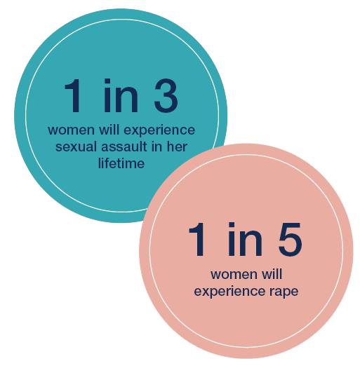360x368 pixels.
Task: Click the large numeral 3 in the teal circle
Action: [x=166, y=96]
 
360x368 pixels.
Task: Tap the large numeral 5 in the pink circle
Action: [x=290, y=239]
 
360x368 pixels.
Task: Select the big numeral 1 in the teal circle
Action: [x=73, y=96]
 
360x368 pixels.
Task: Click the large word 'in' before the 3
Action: [x=121, y=96]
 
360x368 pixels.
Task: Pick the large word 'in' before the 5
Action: [x=245, y=239]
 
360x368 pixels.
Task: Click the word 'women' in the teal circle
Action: [x=71, y=130]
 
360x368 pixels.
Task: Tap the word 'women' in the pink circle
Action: [x=234, y=275]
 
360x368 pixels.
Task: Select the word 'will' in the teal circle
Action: [x=109, y=129]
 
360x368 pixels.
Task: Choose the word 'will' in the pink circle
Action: [x=272, y=273]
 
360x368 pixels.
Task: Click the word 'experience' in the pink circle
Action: [x=229, y=292]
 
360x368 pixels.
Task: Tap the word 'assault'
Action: [x=124, y=146]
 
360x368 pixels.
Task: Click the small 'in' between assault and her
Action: [x=156, y=146]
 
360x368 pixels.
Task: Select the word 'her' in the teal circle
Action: [x=177, y=146]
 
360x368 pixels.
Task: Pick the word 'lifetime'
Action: [x=121, y=163]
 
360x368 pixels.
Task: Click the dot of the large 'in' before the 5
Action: [x=232, y=224]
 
